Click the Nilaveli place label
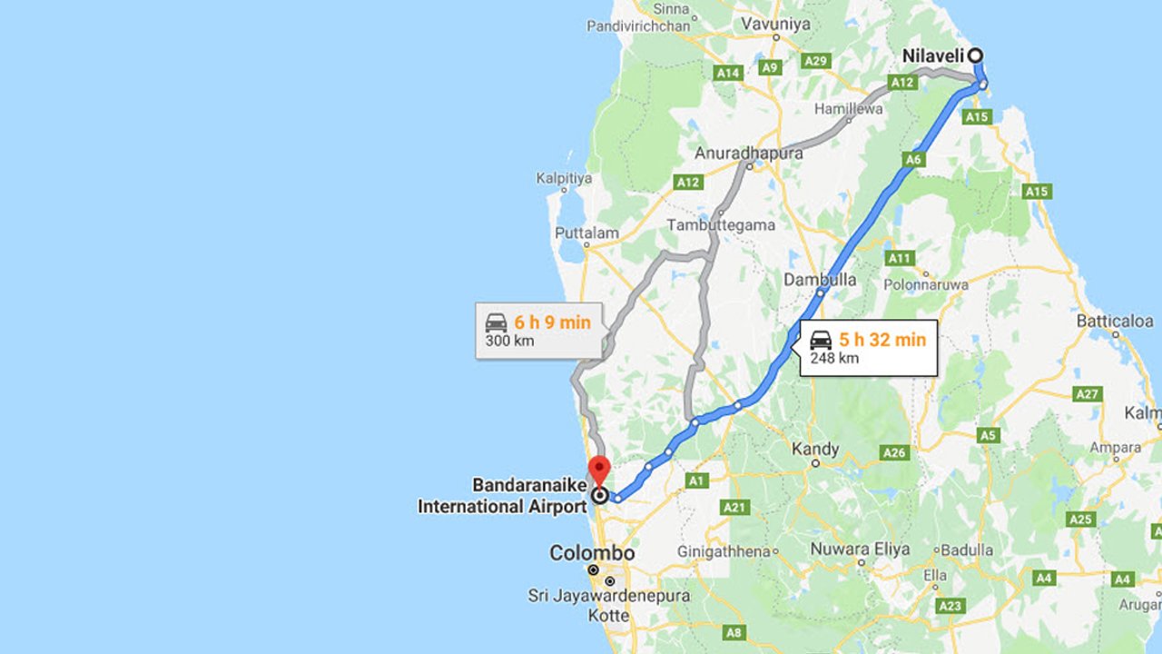[932, 56]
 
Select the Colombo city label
[592, 553]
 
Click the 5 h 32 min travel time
[881, 340]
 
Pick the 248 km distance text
[834, 358]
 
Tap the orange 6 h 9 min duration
[552, 322]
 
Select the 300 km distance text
[509, 342]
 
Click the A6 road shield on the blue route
[913, 160]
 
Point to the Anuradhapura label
[749, 154]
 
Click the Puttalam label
[586, 233]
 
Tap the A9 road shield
[770, 67]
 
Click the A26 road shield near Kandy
[895, 452]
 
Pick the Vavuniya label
[775, 25]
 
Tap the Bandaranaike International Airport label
[502, 496]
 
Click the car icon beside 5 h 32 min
[821, 340]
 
